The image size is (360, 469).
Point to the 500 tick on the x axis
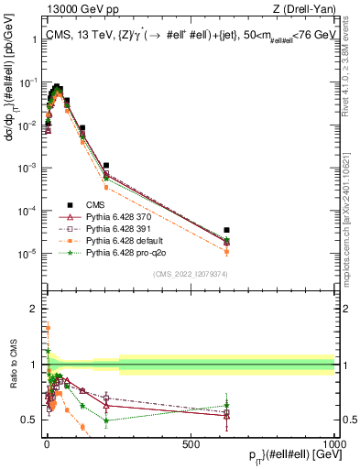(191, 442)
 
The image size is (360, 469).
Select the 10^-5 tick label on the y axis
(27, 253)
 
